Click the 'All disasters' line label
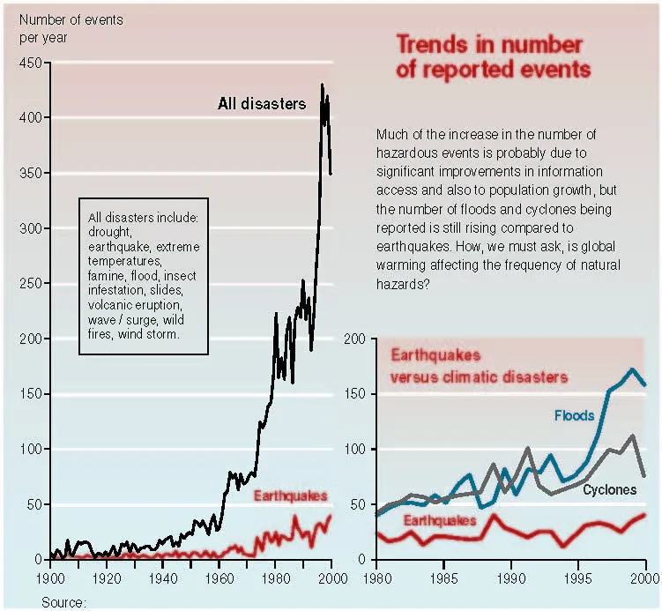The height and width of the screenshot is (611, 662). (x=261, y=104)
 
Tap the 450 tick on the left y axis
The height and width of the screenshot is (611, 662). (x=30, y=63)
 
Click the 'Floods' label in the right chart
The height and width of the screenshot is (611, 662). (x=574, y=414)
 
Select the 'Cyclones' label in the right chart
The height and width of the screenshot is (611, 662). (x=609, y=489)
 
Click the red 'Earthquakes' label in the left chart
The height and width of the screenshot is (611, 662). (x=290, y=496)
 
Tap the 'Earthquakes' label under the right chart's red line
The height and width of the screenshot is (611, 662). (x=440, y=520)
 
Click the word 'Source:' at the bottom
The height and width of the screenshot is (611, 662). (x=63, y=602)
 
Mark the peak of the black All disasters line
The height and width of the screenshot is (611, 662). (x=322, y=85)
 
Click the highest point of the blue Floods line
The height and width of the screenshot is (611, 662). (x=632, y=369)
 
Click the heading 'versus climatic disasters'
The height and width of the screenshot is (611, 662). (x=479, y=377)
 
